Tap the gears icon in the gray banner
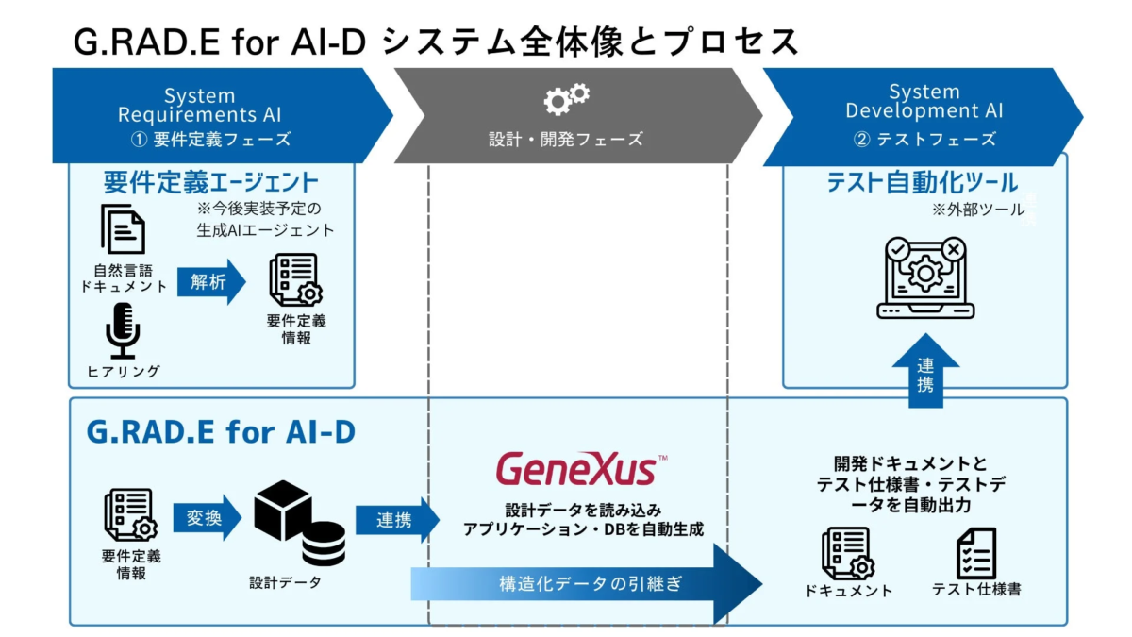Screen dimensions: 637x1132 click(x=567, y=97)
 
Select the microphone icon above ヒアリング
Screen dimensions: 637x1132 click(x=123, y=330)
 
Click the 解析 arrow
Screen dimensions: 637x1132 click(x=210, y=282)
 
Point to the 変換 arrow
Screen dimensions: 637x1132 click(x=207, y=517)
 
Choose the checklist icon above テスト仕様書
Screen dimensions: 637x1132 click(x=976, y=553)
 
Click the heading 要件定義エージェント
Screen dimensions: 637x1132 click(x=210, y=181)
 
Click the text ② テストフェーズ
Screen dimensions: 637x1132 click(x=924, y=139)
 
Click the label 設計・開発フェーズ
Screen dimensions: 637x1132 click(x=566, y=139)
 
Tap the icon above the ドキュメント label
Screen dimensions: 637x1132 click(x=847, y=553)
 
